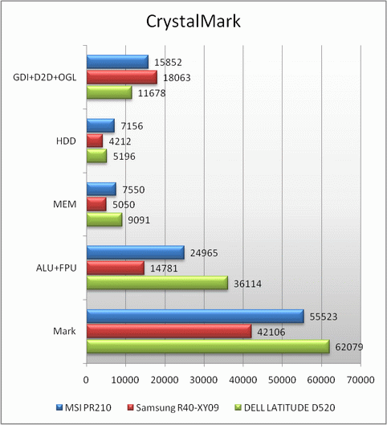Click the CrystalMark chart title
[193, 21]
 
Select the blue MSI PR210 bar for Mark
[195, 316]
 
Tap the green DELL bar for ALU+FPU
[157, 283]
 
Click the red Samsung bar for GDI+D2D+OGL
[122, 77]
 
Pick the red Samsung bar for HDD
[95, 141]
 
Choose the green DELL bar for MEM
[104, 219]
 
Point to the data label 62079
[348, 347]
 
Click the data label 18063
[177, 78]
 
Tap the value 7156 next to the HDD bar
[132, 126]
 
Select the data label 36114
[247, 284]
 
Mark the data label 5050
[124, 205]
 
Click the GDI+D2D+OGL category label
[45, 77]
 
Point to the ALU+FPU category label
[56, 268]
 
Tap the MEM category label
[65, 204]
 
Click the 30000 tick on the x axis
[204, 380]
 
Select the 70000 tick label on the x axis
[361, 380]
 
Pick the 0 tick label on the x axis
[86, 380]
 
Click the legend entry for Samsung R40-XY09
[173, 407]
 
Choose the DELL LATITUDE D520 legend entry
[285, 407]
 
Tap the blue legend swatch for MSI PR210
[59, 407]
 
